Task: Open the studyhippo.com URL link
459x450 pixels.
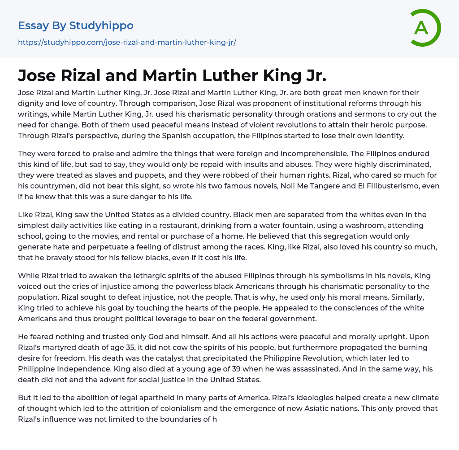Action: point(127,43)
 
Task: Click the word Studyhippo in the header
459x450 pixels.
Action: point(101,26)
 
